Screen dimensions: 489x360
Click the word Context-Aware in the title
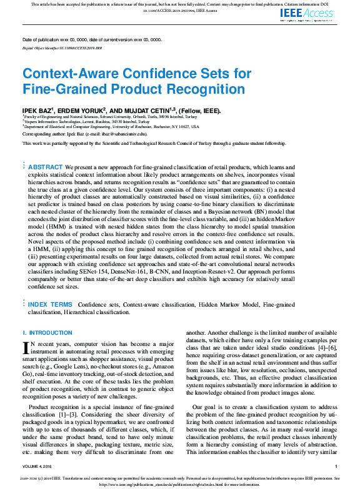[65, 74]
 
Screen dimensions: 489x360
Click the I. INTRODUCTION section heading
[47, 333]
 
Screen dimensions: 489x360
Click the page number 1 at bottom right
[336, 467]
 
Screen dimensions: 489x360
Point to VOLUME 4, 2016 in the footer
[39, 467]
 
